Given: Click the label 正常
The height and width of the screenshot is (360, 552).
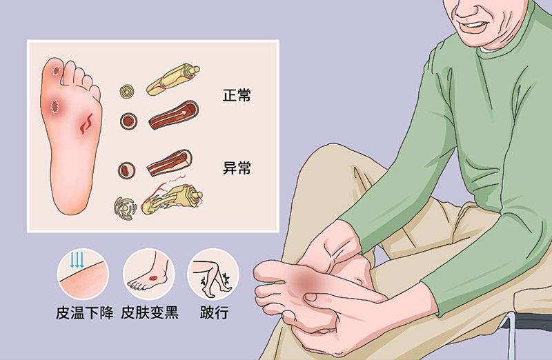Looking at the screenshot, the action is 237,95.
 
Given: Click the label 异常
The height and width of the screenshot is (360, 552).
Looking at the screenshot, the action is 237,168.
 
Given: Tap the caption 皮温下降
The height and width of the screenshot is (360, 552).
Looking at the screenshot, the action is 84,312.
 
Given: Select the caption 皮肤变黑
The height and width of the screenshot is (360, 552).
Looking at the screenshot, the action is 150,312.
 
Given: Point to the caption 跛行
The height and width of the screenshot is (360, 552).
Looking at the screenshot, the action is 215,312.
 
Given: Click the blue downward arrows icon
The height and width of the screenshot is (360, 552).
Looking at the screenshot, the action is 77,260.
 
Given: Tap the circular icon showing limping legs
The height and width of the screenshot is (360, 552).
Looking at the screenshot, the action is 213,274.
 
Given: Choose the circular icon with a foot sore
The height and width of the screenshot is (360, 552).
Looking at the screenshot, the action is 149,274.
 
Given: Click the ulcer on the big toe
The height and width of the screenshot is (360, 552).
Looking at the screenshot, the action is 57,71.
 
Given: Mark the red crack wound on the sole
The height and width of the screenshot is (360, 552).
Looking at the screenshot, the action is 86,123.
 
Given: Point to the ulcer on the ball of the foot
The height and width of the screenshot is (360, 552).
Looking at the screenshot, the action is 55,107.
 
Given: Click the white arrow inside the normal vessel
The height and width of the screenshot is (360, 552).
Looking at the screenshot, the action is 184,112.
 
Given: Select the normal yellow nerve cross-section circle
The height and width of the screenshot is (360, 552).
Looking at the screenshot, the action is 127,92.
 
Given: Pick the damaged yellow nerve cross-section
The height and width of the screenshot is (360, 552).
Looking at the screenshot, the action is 125,209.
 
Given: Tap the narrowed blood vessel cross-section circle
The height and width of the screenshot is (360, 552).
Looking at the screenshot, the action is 126,170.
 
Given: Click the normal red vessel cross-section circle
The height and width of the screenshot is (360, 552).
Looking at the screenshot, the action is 128,121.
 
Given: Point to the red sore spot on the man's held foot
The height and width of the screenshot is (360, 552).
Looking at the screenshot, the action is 307,281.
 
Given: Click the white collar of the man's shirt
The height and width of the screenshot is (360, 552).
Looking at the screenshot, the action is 490,50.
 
